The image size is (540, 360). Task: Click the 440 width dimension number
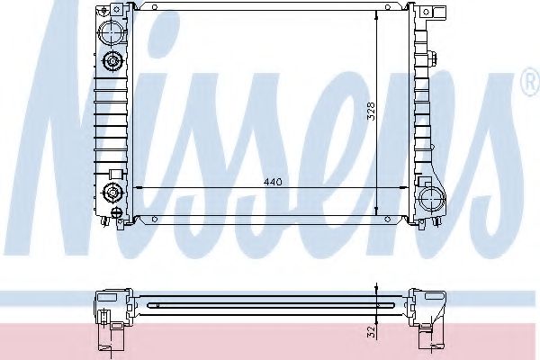pos(273,182)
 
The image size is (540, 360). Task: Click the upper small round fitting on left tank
pos(112,62)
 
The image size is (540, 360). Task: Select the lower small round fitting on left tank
pos(112,191)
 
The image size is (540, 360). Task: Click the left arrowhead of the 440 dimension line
pos(137,187)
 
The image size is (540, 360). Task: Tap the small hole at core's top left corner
pos(154,12)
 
